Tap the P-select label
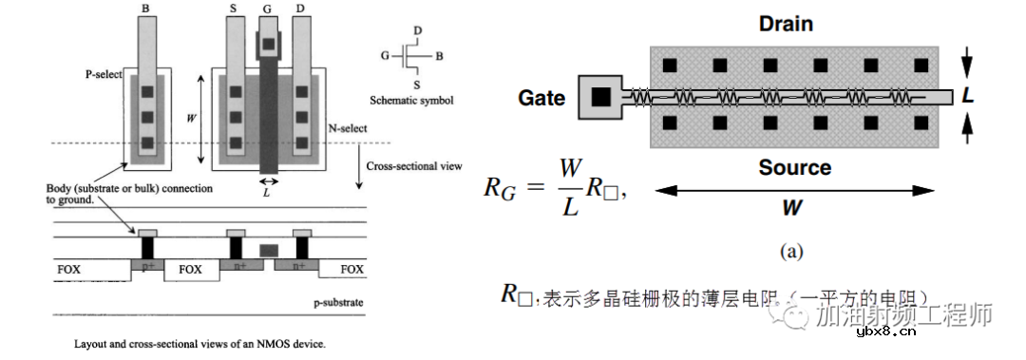pyautogui.click(x=103, y=74)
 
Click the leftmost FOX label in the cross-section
pyautogui.click(x=67, y=270)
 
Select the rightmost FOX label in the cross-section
pyautogui.click(x=351, y=270)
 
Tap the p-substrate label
pyautogui.click(x=339, y=303)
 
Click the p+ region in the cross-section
pyautogui.click(x=147, y=267)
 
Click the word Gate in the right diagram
pyautogui.click(x=541, y=98)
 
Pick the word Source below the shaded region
pyautogui.click(x=795, y=168)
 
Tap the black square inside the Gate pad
pyautogui.click(x=600, y=97)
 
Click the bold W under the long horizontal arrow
pyautogui.click(x=794, y=207)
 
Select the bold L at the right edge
pyautogui.click(x=968, y=97)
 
